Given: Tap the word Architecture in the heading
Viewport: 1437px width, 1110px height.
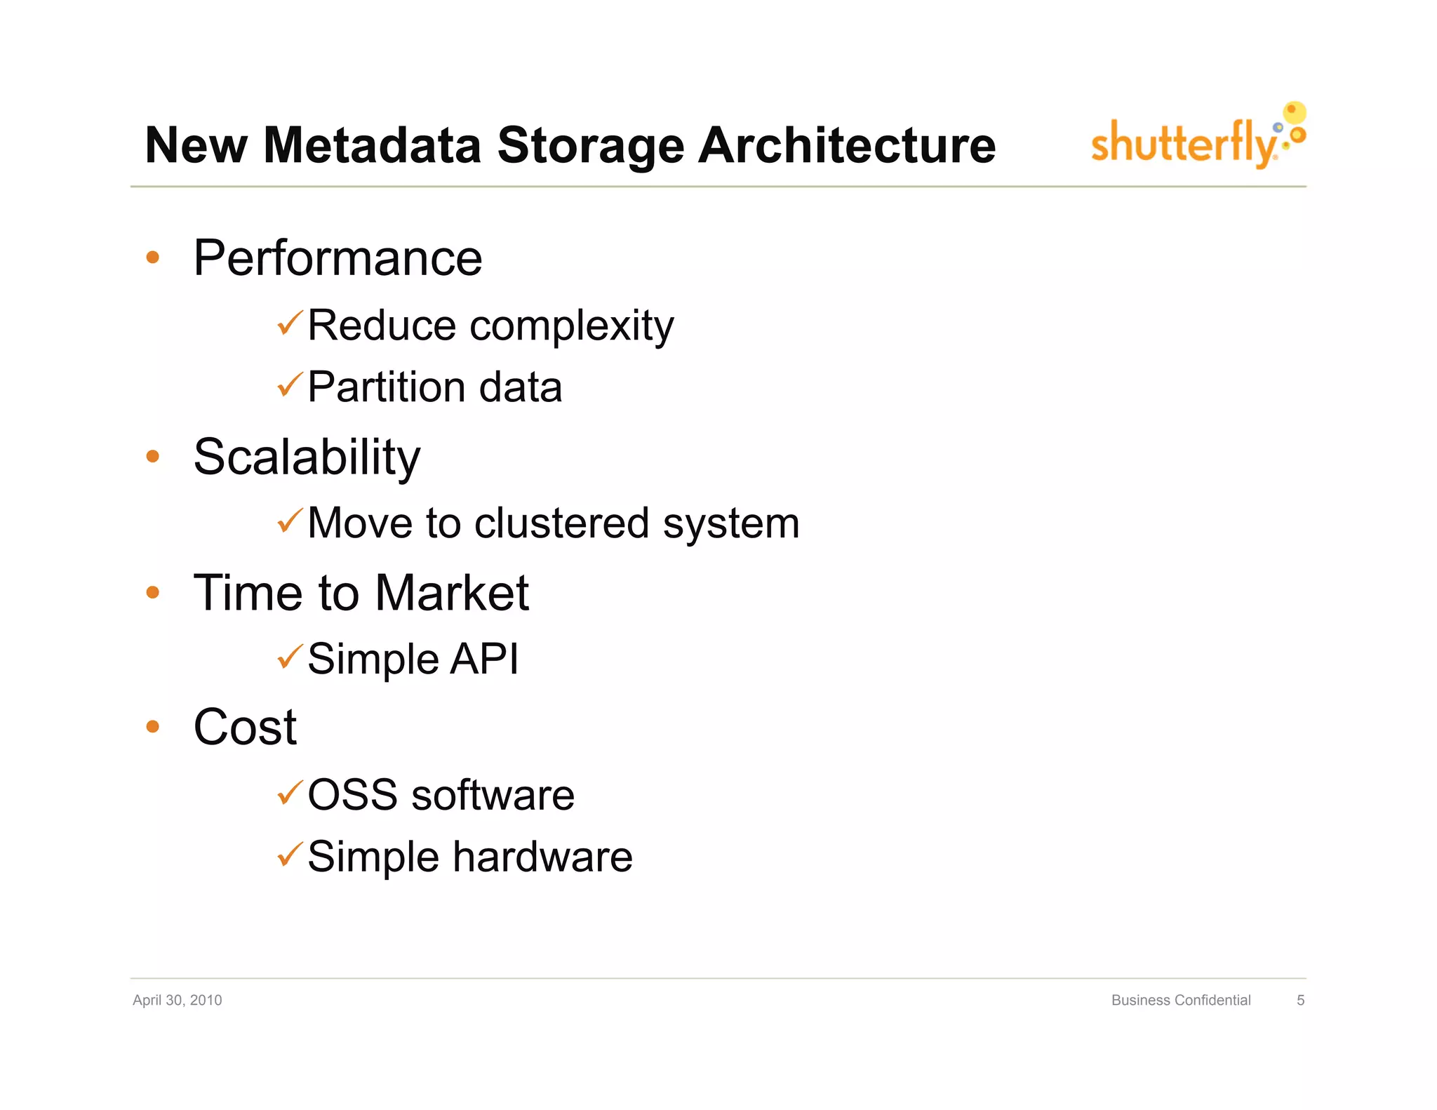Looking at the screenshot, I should tap(847, 145).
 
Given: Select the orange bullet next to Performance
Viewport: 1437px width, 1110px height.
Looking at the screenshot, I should tap(152, 258).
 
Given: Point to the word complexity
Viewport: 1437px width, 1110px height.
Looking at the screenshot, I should tap(571, 326).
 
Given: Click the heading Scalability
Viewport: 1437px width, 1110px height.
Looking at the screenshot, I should tap(307, 457).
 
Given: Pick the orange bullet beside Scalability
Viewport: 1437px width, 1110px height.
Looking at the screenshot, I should tap(152, 457).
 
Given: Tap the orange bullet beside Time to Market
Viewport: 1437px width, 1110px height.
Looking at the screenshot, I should tap(152, 593).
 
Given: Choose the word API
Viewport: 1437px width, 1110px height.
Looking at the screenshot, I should tap(483, 659).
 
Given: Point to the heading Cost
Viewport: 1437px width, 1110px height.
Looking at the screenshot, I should tap(245, 727).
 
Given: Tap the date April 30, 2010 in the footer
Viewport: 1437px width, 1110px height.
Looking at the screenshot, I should tap(177, 1000).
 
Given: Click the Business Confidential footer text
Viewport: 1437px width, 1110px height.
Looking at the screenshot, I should tap(1180, 1000).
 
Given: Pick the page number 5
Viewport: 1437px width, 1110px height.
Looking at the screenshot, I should tap(1300, 1000).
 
